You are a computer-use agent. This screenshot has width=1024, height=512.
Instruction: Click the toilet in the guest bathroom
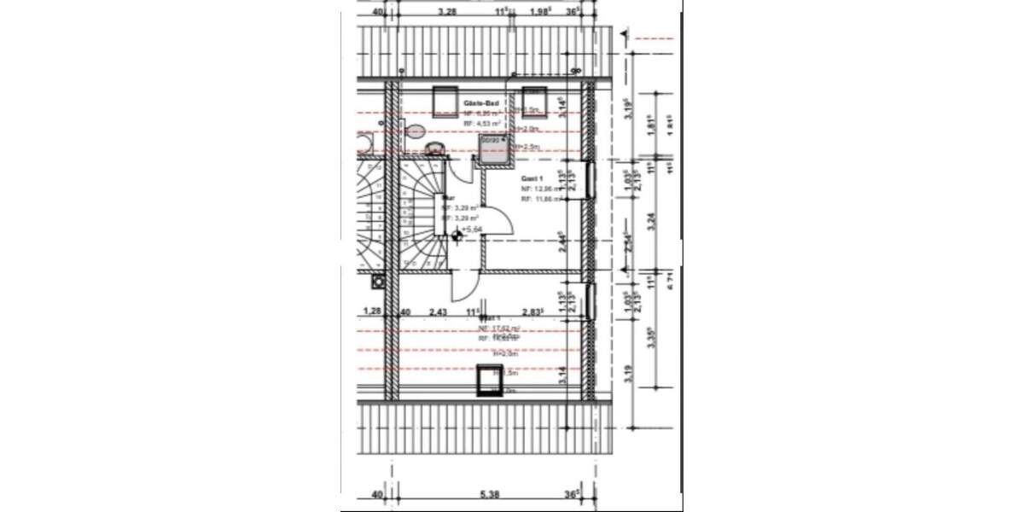(x=416, y=131)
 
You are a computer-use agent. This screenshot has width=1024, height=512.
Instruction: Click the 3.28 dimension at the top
(x=446, y=12)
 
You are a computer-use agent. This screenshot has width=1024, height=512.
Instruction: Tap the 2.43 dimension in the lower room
(x=438, y=312)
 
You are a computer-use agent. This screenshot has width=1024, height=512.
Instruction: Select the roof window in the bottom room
(x=489, y=379)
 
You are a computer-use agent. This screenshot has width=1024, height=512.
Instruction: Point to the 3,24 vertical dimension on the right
(x=652, y=218)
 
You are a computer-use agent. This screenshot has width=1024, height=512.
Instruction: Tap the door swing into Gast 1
(x=499, y=224)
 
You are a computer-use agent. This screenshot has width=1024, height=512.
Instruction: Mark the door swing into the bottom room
(x=468, y=284)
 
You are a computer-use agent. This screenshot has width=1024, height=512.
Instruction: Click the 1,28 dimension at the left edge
(x=371, y=312)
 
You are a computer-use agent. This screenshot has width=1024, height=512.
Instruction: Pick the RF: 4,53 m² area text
(x=481, y=124)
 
